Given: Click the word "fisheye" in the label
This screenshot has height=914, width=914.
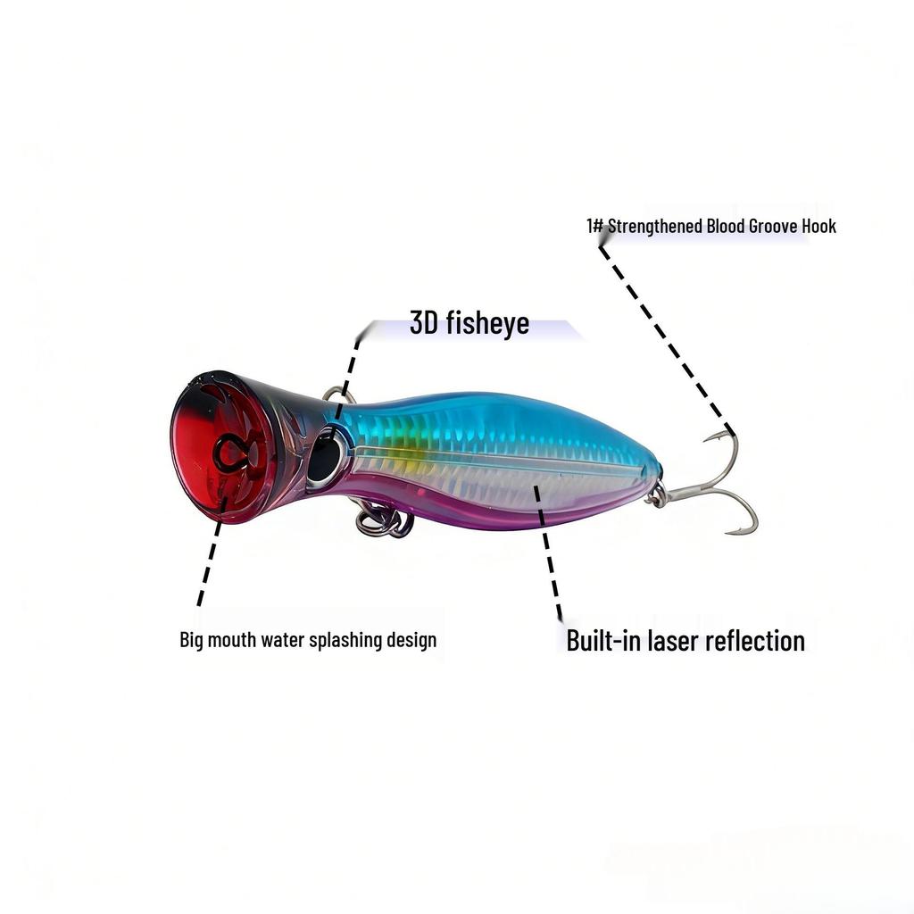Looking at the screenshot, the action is tap(487, 323).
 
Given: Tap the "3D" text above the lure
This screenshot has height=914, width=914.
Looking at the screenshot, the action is tap(425, 323).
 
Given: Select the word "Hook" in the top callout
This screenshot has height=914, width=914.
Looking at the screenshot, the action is tap(818, 226).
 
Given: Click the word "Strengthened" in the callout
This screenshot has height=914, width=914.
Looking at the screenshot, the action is tap(654, 226).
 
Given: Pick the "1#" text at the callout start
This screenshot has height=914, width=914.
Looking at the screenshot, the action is tap(594, 226).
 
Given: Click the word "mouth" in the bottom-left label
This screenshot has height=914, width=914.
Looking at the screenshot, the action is tap(232, 640).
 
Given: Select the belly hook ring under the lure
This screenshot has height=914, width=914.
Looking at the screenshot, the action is tap(384, 521).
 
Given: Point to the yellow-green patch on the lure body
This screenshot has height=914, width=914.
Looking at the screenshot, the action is tap(406, 451).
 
